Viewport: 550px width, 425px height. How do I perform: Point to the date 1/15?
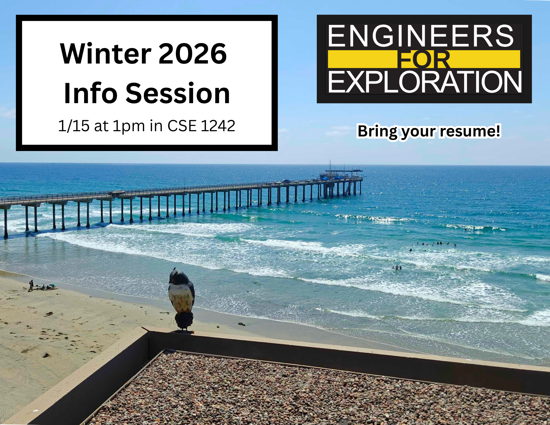[x=74, y=126]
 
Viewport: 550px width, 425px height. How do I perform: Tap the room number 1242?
[x=218, y=126]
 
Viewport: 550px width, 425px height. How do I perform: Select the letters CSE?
[x=182, y=126]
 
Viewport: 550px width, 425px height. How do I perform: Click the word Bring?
[x=377, y=131]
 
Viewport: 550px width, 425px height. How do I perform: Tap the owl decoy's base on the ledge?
[x=184, y=331]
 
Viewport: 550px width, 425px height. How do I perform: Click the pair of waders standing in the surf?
[x=397, y=267]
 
